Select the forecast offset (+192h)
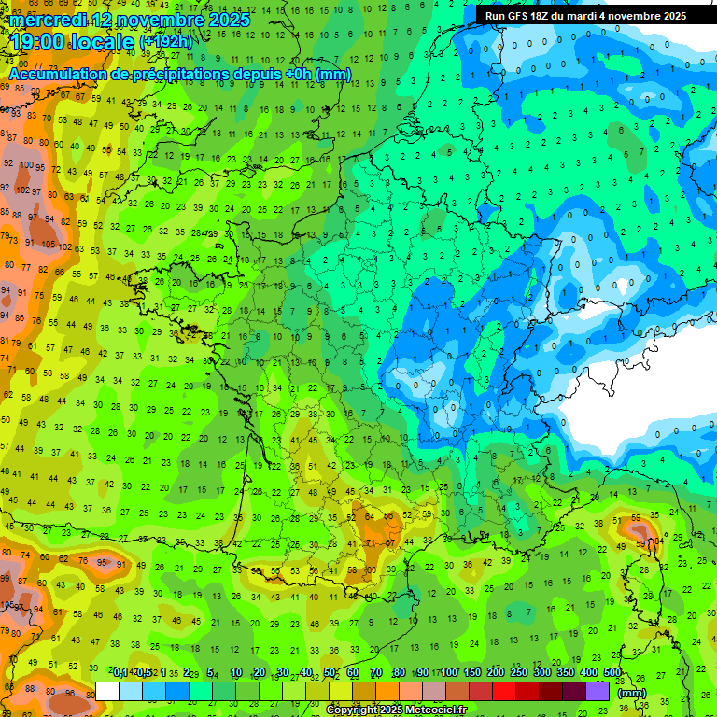[166, 42]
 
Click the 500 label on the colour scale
[612, 673]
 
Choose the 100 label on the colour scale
[449, 673]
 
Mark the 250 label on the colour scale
[519, 673]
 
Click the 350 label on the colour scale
[566, 673]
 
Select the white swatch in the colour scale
[107, 691]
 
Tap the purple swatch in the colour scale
[597, 691]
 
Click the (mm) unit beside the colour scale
[632, 693]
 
